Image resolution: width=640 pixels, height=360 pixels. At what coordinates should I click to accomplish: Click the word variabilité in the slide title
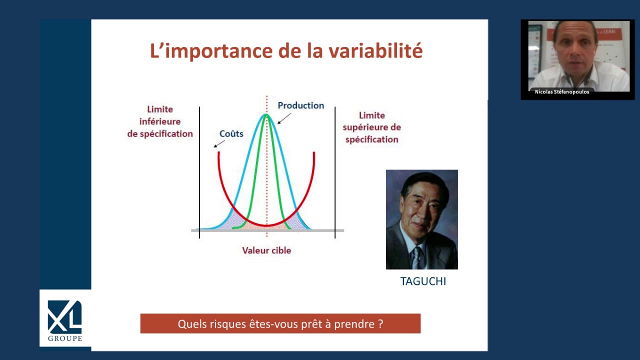pos(375,51)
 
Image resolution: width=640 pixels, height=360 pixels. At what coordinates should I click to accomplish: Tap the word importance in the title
pos(218,51)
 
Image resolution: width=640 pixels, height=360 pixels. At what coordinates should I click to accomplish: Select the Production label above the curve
pos(301,105)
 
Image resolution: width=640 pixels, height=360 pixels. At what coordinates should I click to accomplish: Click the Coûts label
pos(231,133)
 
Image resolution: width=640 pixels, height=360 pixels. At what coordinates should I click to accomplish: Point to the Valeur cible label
pos(266,250)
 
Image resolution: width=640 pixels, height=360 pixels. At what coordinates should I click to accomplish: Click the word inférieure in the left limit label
pos(160,121)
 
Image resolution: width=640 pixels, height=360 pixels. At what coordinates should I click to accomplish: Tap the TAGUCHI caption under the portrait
pos(423,281)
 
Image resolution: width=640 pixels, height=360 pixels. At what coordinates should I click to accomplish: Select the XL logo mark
pos(64,317)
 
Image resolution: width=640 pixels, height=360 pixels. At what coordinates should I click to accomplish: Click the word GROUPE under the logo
pos(65,338)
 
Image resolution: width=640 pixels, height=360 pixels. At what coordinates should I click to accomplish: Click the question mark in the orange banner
pos(380,323)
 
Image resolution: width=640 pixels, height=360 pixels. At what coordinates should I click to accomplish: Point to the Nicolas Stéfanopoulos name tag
pos(562,91)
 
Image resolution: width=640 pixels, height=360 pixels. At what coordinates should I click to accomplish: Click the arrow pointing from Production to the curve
pos(284,118)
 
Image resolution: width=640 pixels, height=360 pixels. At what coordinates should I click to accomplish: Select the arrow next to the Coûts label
pos(219,143)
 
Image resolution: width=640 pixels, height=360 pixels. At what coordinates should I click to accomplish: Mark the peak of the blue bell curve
pos(266,114)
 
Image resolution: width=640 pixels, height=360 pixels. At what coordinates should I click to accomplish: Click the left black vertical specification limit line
pos(199,172)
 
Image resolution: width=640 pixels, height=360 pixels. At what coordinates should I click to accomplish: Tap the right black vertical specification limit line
pos(335,172)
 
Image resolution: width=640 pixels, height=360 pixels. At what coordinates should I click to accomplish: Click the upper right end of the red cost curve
pos(314,152)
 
